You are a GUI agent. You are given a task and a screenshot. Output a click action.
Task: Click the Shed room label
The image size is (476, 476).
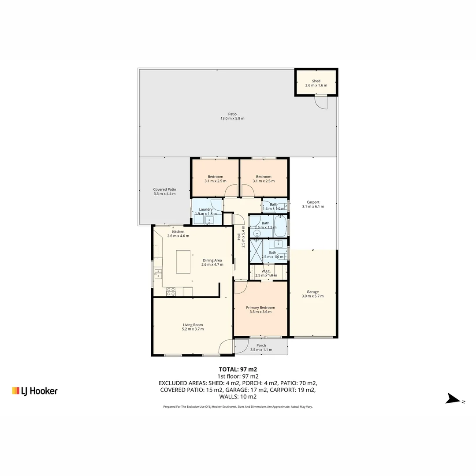[x=316, y=81]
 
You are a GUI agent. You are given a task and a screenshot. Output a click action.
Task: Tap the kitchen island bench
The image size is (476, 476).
[x=183, y=262]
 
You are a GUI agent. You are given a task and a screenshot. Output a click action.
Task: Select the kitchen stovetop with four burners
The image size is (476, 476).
[x=171, y=291]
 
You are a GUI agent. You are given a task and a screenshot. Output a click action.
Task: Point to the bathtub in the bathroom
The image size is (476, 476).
[x=280, y=226]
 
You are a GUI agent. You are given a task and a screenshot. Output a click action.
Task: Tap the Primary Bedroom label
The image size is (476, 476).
[x=260, y=308]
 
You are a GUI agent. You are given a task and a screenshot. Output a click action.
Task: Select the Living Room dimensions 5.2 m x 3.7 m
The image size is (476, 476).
[x=193, y=329]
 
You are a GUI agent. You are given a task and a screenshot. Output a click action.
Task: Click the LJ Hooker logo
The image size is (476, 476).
[x=35, y=390]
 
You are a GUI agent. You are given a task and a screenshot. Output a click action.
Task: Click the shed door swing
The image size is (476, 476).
[x=321, y=102]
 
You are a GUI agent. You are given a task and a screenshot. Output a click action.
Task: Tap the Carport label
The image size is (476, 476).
[x=313, y=202]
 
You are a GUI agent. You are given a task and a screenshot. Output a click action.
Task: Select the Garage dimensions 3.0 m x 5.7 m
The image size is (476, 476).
[x=312, y=296]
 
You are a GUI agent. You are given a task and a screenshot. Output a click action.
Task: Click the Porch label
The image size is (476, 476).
[x=261, y=346]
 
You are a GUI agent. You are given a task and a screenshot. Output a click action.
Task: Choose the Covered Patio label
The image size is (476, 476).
[x=164, y=190]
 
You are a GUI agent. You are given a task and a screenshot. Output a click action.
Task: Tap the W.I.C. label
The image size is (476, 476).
[x=266, y=271]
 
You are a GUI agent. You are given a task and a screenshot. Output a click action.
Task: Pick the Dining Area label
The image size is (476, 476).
[x=212, y=260]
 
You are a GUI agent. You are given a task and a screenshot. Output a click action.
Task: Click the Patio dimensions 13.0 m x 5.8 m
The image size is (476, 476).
[x=232, y=119]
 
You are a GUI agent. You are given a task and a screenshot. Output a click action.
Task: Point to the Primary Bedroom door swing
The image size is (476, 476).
[x=240, y=288]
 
